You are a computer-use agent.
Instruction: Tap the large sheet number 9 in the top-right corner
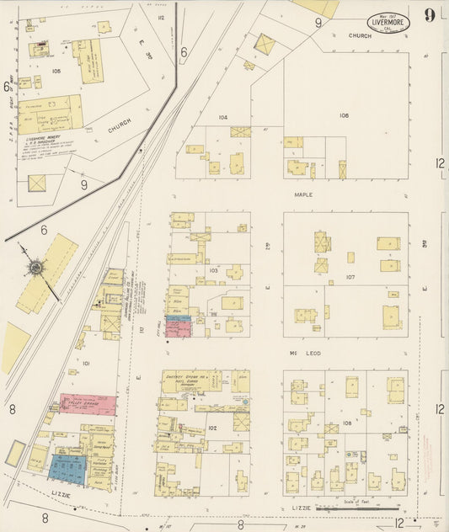tap(430, 14)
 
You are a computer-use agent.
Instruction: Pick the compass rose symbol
tap(36, 269)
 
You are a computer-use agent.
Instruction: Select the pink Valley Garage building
tap(88, 405)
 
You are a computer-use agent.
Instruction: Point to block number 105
tap(56, 72)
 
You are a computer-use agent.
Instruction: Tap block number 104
tap(222, 117)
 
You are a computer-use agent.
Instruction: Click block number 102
tap(212, 428)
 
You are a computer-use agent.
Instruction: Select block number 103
tap(213, 270)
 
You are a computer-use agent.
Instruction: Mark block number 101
tap(86, 364)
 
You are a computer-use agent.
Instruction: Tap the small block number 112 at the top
tap(160, 17)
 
